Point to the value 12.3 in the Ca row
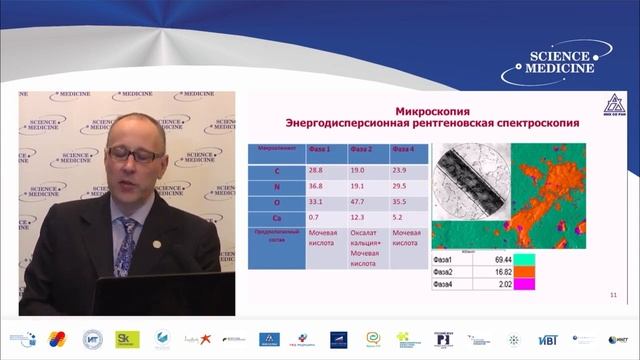click(358, 217)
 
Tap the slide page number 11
click(612, 295)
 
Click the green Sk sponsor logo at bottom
click(127, 339)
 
